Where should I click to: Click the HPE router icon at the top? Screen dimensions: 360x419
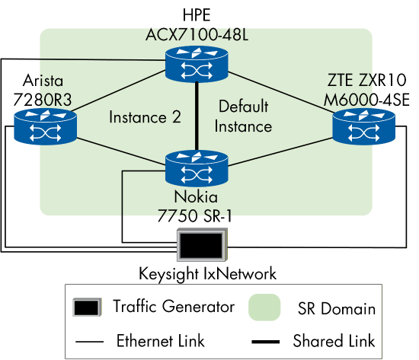click(197, 65)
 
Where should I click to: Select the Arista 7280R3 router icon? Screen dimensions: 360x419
click(44, 126)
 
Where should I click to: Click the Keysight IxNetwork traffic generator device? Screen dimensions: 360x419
click(201, 246)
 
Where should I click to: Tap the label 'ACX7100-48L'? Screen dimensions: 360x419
click(198, 34)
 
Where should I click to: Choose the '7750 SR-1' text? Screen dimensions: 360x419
click(197, 215)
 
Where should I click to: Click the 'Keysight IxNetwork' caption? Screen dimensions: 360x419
click(207, 272)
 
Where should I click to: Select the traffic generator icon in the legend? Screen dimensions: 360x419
click(87, 307)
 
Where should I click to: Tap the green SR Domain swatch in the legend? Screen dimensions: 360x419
click(264, 307)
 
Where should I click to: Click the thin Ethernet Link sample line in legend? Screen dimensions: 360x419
click(87, 340)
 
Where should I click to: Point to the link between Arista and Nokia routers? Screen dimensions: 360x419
click(122, 147)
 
